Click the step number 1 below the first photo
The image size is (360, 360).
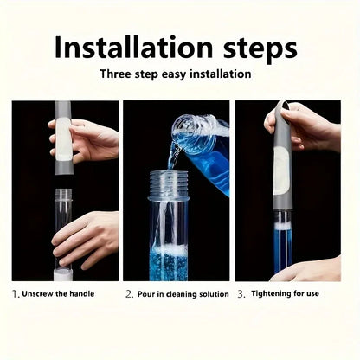click(15, 294)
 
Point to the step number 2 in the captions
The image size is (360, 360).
click(128, 294)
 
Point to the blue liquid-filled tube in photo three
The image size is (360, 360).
click(282, 247)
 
